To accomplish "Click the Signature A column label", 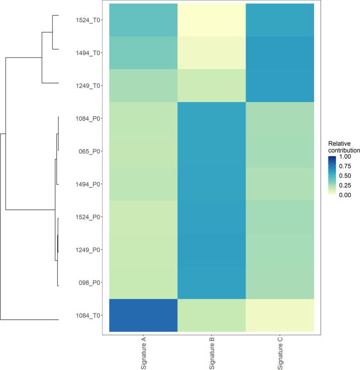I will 144,353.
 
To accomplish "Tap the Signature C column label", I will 280,353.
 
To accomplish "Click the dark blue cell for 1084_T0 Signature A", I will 144,315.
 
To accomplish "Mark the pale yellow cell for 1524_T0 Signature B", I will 212,20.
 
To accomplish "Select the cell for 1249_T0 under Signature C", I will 280,86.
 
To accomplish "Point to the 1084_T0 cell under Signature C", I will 280,315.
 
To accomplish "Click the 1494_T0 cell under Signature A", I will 144,53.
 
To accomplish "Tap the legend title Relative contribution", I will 343,147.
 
